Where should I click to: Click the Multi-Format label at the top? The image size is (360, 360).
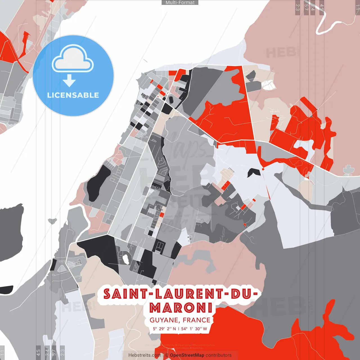[180, 3]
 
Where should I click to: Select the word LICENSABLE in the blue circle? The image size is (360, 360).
[73, 95]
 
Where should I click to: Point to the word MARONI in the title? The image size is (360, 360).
[181, 308]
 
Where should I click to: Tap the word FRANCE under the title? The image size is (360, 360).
[196, 320]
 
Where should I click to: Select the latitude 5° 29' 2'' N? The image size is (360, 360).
[165, 329]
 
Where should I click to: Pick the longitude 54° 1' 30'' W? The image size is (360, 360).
[194, 329]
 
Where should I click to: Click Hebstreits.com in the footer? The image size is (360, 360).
[145, 355]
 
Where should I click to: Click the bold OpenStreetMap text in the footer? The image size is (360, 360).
[187, 355]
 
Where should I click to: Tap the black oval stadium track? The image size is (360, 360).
[171, 99]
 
